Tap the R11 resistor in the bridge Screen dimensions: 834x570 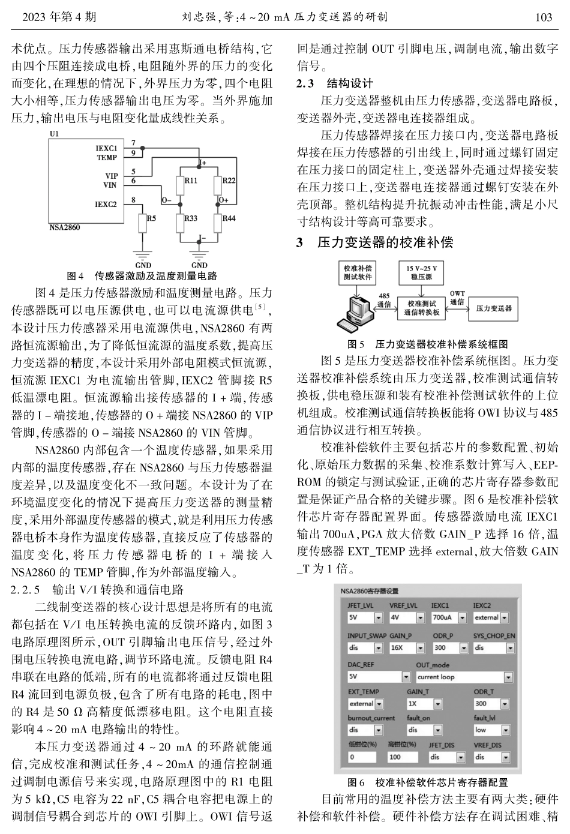pos(179,184)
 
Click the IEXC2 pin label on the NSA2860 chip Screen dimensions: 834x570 pos(106,204)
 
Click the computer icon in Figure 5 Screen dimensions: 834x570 pos(361,310)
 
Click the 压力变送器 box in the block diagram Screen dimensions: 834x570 pos(493,308)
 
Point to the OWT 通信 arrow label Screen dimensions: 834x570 pos(458,298)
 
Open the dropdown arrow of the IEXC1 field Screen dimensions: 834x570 pos(461,617)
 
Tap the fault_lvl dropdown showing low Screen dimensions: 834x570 pos(493,730)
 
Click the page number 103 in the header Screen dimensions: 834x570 pos(543,17)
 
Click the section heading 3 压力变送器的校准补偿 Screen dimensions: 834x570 pos(375,243)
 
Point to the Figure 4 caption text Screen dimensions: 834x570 pos(142,276)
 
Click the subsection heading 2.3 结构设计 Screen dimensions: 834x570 pos(335,83)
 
